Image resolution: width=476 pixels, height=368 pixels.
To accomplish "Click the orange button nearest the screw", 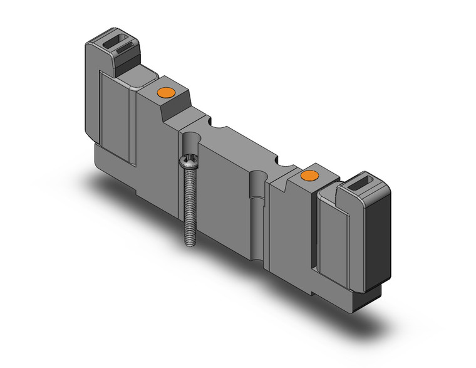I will tap(165, 93).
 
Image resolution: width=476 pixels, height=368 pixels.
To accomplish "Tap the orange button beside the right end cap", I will tap(308, 176).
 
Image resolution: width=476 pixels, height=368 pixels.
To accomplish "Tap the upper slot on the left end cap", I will tap(118, 45).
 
